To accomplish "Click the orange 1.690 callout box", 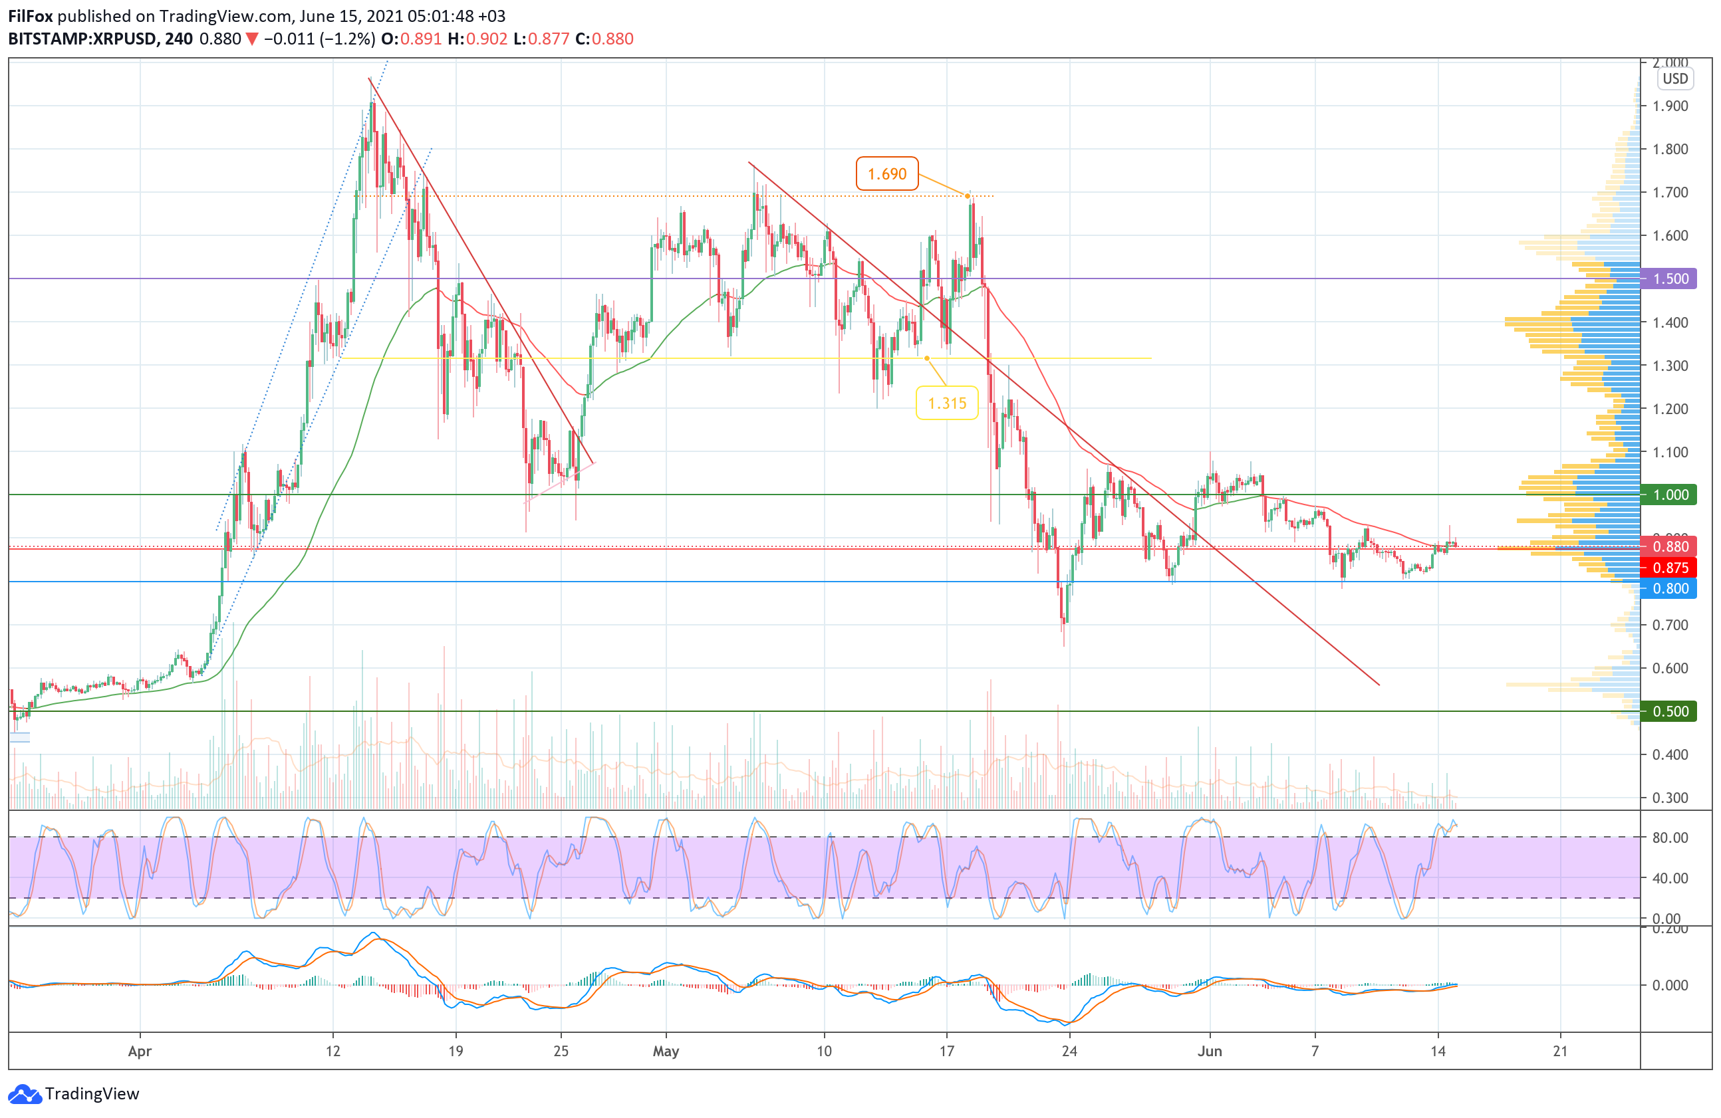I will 886,173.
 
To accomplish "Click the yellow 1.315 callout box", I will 946,403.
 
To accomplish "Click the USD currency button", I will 1674,79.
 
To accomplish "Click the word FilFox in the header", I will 31,16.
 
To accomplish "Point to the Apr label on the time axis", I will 140,1051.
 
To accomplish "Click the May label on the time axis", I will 665,1051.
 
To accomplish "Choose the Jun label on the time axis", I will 1209,1051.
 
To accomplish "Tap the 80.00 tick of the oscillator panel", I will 1670,838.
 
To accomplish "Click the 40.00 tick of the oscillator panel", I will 1670,878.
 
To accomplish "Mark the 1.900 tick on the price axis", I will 1670,106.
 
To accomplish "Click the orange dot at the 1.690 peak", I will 968,196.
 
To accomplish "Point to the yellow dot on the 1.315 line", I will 927,358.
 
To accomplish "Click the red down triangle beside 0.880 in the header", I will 251,39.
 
